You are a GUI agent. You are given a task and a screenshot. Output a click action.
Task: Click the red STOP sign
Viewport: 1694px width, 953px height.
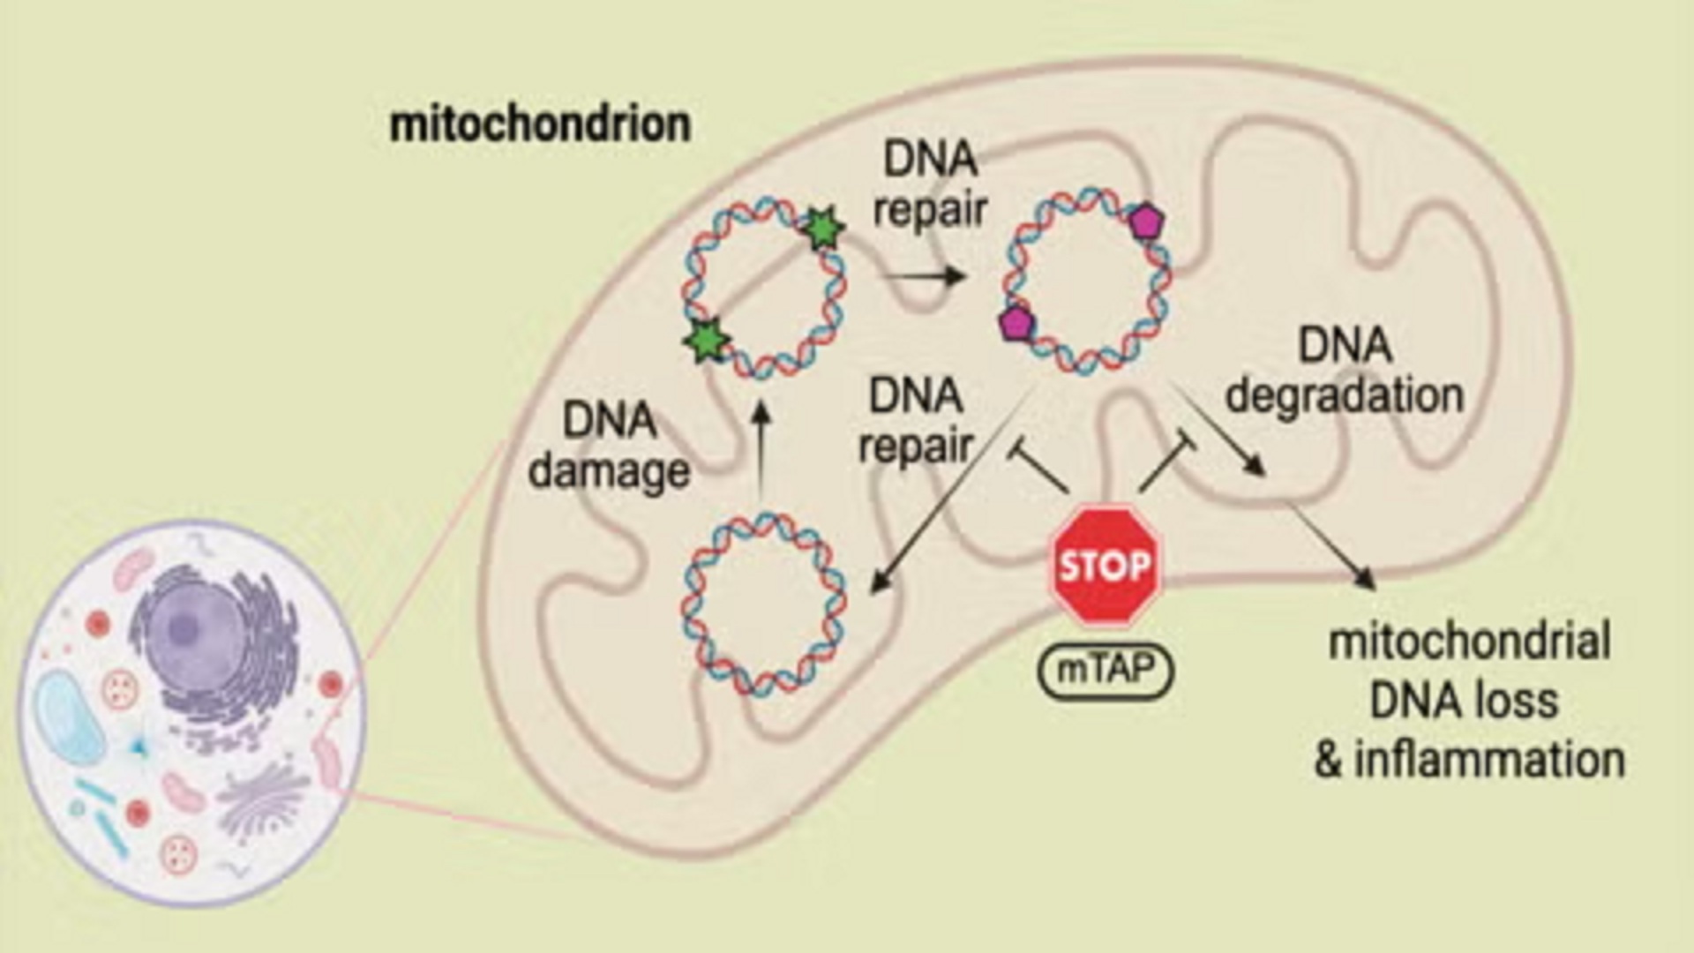pyautogui.click(x=1105, y=566)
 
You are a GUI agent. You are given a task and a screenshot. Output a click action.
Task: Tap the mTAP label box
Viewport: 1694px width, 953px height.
pyautogui.click(x=1105, y=671)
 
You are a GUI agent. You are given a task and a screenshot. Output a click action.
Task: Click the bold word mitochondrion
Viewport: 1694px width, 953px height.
pyautogui.click(x=540, y=124)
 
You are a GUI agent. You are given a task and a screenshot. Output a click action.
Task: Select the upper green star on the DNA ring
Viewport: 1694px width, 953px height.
pyautogui.click(x=823, y=229)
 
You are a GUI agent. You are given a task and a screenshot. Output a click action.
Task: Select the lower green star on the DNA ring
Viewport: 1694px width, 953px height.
pyautogui.click(x=707, y=340)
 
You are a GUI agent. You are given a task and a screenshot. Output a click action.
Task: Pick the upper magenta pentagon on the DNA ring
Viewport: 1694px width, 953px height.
pyautogui.click(x=1145, y=221)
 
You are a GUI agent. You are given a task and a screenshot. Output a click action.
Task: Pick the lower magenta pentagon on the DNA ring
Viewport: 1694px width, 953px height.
pyautogui.click(x=1016, y=324)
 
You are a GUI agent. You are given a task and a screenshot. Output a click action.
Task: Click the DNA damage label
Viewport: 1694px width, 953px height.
pyautogui.click(x=609, y=446)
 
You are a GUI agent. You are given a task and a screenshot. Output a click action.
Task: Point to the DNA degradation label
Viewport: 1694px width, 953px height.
pyautogui.click(x=1344, y=371)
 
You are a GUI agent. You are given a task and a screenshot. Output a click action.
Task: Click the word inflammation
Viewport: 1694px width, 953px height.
pyautogui.click(x=1489, y=761)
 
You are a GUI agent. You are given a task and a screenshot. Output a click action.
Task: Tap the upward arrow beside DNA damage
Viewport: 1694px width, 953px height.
pyautogui.click(x=763, y=450)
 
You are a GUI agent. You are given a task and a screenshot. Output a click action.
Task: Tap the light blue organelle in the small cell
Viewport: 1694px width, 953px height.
pyautogui.click(x=69, y=715)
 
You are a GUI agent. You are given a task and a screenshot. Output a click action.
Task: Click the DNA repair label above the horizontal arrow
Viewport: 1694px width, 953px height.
pyautogui.click(x=930, y=185)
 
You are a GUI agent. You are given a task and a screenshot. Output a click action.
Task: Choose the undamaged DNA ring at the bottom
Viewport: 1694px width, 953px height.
pyautogui.click(x=764, y=604)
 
